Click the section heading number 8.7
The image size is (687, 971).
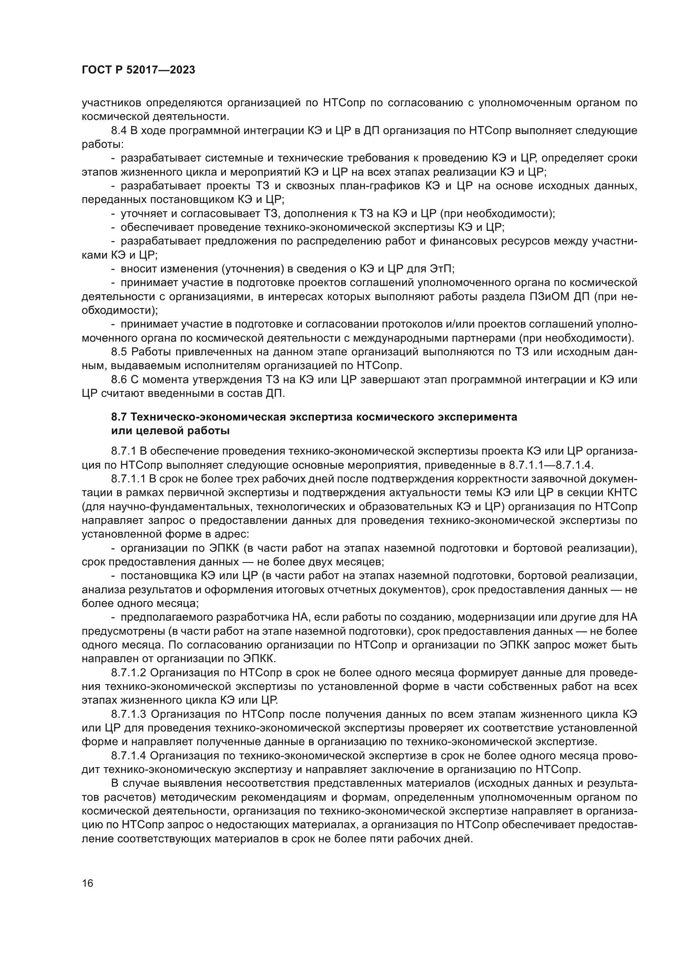click(119, 417)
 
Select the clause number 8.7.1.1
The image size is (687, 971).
click(128, 479)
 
